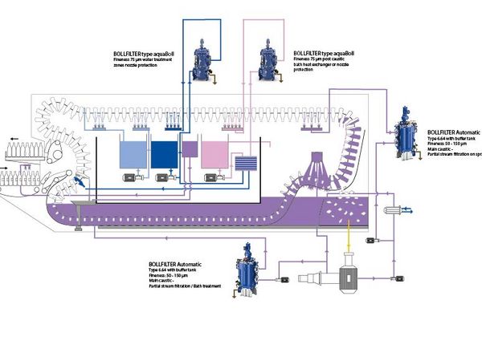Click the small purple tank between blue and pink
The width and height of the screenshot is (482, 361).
[x=190, y=147]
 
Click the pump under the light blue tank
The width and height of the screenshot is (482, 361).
[x=128, y=179]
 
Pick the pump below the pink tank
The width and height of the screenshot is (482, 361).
[x=214, y=179]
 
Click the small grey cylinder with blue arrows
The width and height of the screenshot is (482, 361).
[x=396, y=210]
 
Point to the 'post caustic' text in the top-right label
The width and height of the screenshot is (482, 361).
[x=337, y=59]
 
